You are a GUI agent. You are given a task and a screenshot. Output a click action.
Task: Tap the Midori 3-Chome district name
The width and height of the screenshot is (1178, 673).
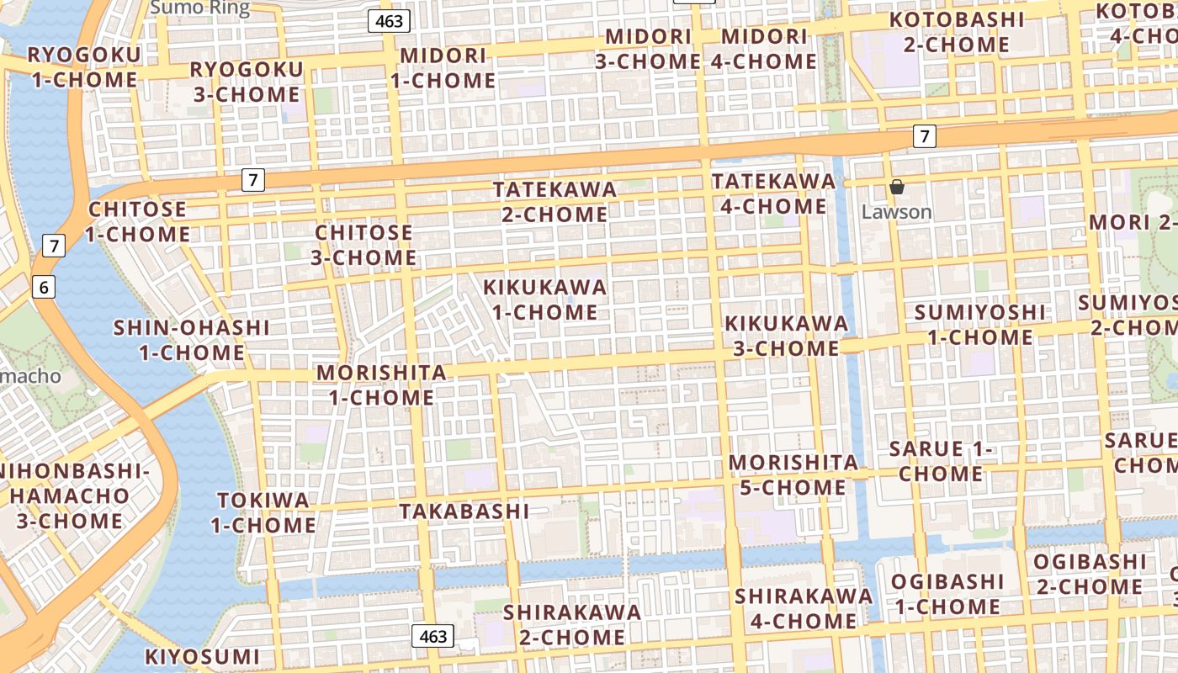648,49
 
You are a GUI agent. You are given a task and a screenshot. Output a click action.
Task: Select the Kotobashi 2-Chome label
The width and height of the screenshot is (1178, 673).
957,32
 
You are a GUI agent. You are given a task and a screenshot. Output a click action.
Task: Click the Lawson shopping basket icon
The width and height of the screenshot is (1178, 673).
897,187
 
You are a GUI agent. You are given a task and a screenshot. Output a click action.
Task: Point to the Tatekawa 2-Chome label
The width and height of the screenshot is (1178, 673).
555,202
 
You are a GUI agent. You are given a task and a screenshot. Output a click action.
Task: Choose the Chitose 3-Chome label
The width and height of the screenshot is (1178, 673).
363,245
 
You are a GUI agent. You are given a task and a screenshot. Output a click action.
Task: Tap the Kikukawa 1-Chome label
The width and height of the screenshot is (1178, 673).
544,299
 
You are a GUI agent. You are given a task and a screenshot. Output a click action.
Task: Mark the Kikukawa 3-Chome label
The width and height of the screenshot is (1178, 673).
786,336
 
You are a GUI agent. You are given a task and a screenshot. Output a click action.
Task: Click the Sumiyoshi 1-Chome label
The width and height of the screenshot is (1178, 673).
980,325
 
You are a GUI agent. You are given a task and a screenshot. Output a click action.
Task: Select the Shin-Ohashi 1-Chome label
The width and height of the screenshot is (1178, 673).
192,340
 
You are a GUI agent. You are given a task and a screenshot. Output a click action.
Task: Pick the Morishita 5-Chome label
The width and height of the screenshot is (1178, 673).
793,474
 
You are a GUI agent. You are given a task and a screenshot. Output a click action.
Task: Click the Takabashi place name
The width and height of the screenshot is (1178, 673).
464,511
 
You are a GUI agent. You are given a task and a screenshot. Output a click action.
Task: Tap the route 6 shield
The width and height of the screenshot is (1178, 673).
45,288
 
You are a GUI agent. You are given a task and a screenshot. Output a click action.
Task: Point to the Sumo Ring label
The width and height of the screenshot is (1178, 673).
199,8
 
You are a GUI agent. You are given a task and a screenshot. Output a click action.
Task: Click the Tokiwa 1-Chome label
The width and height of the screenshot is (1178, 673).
263,512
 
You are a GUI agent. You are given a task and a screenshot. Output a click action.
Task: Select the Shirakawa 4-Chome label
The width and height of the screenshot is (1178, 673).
804,608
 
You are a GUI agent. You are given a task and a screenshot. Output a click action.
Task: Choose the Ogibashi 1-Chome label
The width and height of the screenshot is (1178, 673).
947,593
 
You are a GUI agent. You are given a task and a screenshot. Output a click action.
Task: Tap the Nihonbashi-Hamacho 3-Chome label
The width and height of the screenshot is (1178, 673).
70,495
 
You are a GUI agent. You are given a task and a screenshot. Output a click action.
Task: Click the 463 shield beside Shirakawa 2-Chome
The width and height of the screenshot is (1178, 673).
432,636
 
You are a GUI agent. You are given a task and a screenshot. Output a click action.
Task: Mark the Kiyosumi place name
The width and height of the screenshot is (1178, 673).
202,656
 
